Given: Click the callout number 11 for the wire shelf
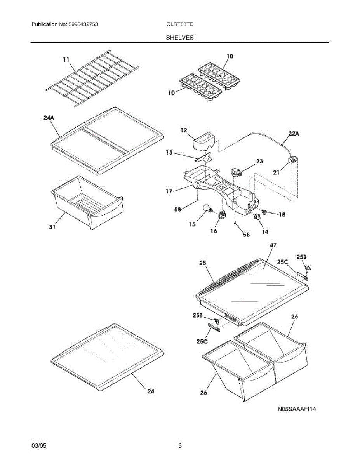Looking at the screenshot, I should point(66,59).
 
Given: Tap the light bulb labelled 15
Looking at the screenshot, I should point(207,212).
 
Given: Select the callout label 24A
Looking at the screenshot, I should point(49,118).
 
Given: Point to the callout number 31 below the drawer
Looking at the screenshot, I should point(52,227).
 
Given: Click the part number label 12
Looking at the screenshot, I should point(184,131).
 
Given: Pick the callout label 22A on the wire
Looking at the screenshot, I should point(294,133).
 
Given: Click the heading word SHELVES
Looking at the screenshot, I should point(180,38).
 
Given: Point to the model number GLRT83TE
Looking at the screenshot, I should point(180,24).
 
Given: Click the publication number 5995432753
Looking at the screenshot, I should point(83,24).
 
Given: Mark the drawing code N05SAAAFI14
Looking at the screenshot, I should point(296,409).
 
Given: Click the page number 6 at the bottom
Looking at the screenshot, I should point(180,446).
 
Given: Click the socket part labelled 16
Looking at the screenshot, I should point(223,216).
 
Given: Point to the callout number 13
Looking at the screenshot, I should point(169,153).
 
